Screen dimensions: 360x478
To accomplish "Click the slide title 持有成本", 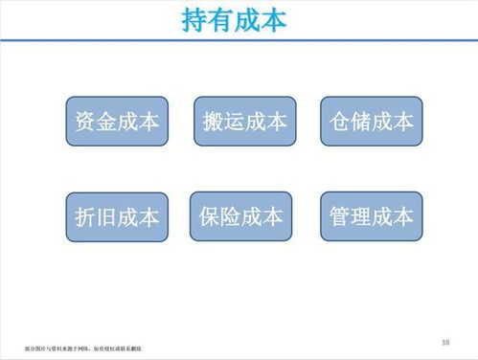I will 234,19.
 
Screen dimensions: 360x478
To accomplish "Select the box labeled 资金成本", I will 117,122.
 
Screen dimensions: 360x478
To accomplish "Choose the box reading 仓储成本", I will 371,122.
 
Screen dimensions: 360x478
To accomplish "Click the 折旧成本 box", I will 117,215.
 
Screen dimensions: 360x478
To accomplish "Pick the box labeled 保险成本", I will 241,215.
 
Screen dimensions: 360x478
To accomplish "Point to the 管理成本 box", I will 371,215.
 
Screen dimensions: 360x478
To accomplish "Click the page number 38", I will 445,341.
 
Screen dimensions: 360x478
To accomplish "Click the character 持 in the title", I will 195,19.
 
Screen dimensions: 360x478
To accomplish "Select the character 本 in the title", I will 273,19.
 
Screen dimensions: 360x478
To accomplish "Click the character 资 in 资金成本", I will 85,122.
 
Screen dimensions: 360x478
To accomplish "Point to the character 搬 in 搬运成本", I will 214,122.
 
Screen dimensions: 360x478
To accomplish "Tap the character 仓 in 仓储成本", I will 339,122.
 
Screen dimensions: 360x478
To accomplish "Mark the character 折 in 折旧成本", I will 85,216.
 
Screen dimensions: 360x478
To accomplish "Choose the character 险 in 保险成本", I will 231,215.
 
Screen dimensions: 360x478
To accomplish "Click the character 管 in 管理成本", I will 339,215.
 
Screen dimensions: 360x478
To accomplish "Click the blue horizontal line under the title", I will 239,40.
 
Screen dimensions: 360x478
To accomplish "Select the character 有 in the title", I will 221,19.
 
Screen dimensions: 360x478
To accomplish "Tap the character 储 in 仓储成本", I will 360,122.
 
